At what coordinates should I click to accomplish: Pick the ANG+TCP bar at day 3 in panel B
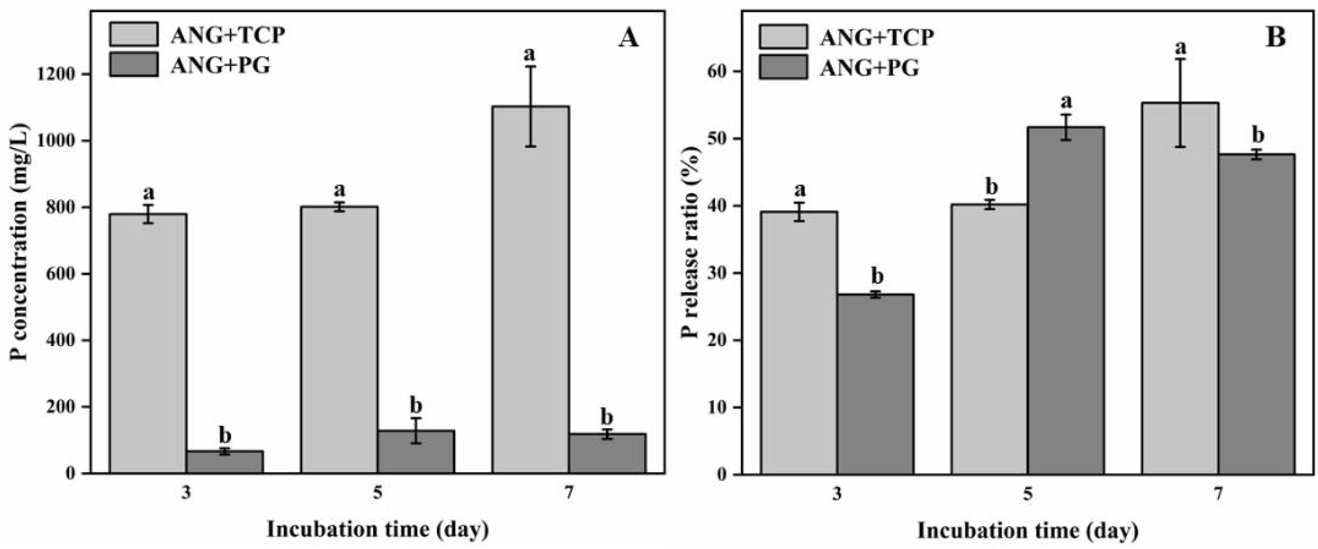coord(799,343)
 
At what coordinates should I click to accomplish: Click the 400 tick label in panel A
coord(60,340)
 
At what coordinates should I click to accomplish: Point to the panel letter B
coord(1275,38)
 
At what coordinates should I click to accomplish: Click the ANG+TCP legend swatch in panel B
coord(784,37)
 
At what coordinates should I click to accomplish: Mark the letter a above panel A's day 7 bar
coord(530,54)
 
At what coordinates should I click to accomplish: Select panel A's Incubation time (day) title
coord(378,530)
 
